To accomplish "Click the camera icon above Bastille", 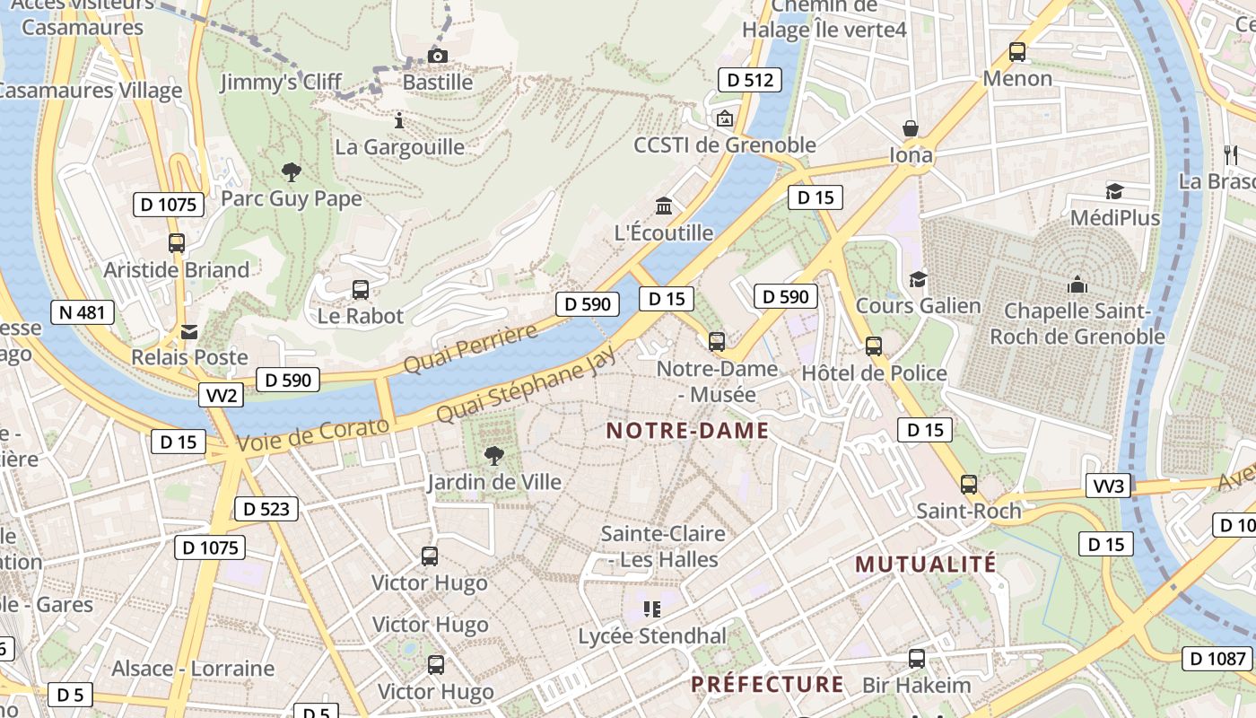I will [x=438, y=57].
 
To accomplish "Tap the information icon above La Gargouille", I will [x=400, y=119].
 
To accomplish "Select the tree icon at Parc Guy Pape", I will [x=291, y=171].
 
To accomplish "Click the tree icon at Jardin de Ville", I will [x=493, y=455].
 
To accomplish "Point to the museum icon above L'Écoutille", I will [x=664, y=206].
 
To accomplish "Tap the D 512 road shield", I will [x=750, y=80].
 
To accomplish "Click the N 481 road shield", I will [x=83, y=312].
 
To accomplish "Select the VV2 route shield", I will [x=221, y=395].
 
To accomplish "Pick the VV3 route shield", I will [x=1109, y=486].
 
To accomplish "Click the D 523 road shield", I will [x=266, y=509].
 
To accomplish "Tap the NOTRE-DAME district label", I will [x=687, y=431].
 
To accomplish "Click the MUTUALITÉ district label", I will [x=925, y=565].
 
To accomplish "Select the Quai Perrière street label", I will [x=470, y=347].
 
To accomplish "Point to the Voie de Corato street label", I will [x=314, y=434].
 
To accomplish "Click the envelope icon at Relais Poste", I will [x=189, y=331].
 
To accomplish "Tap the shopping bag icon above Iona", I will [x=911, y=128].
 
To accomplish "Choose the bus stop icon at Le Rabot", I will [x=361, y=289].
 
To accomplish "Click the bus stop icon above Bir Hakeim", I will [x=916, y=658].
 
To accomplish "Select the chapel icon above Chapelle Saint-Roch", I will [x=1077, y=285].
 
